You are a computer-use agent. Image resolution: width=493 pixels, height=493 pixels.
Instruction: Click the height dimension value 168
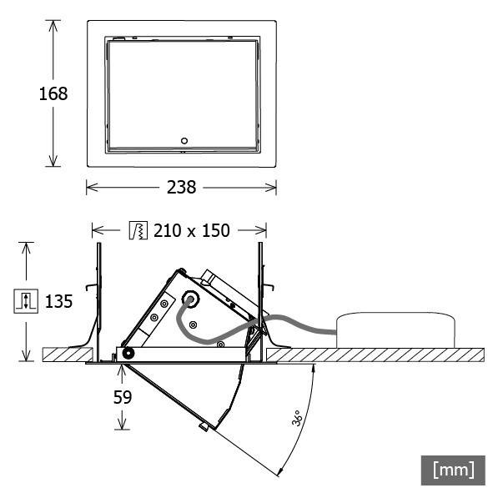(53, 93)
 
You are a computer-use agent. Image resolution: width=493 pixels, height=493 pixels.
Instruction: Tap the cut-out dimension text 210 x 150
(191, 230)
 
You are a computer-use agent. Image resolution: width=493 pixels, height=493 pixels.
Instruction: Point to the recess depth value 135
(59, 301)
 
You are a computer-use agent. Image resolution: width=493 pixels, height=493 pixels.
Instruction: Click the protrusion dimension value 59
(123, 398)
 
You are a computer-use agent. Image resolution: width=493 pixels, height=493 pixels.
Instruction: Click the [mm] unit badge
(453, 469)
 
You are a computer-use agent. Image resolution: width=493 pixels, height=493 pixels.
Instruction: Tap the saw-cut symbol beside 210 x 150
(138, 230)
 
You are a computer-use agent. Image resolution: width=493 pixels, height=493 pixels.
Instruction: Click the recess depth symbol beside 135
(26, 301)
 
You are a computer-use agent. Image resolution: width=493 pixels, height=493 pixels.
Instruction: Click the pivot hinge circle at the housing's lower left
(128, 353)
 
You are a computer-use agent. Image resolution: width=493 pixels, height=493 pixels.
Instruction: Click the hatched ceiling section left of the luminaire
(64, 355)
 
